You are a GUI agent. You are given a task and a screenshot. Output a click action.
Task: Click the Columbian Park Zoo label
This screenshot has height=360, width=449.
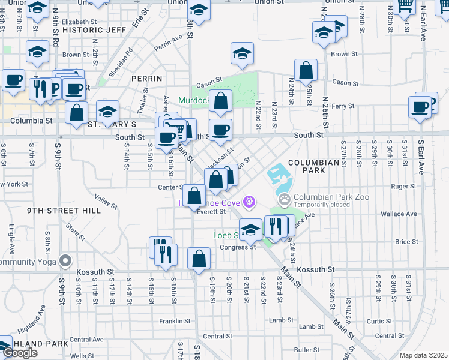point(331,196)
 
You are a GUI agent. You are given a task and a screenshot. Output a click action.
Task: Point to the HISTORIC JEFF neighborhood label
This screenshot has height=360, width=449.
point(94,29)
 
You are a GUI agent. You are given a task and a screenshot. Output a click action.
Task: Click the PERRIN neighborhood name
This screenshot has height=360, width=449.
point(147,79)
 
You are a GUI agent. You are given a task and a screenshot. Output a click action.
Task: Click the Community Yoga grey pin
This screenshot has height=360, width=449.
point(65,261)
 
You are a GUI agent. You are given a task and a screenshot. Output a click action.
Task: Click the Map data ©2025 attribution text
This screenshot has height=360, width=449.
point(423,355)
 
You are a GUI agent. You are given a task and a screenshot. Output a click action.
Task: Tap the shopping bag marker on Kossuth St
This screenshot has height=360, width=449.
point(199,259)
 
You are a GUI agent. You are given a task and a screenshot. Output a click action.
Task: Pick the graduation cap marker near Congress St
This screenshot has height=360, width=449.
point(250,229)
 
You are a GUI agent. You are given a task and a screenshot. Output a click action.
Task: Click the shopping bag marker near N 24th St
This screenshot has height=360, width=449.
point(306,70)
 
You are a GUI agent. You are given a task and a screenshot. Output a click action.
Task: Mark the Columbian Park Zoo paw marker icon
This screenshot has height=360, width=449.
point(284,198)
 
